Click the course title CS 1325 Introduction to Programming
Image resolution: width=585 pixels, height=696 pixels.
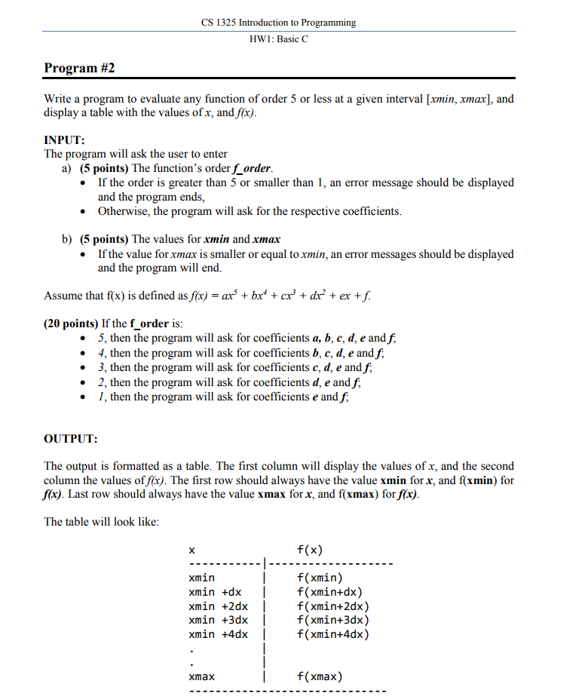[x=278, y=23]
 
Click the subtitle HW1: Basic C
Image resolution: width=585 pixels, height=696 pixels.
[x=278, y=39]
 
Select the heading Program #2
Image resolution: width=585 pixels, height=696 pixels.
[x=79, y=69]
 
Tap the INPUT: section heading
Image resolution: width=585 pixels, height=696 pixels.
[x=65, y=140]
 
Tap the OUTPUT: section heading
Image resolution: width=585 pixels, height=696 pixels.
[x=71, y=438]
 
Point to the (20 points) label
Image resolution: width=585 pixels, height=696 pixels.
[x=71, y=323]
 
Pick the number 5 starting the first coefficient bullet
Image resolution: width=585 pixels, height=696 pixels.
[x=101, y=339]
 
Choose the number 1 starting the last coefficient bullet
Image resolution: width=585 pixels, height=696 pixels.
[x=101, y=396]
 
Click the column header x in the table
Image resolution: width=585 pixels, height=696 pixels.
[x=191, y=550]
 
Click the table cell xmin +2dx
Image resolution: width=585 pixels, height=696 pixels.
[x=218, y=606]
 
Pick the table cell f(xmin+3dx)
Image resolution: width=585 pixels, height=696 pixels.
[x=333, y=620]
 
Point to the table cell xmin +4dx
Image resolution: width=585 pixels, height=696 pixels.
[x=218, y=634]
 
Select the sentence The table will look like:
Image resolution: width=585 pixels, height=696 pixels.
[x=101, y=522]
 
